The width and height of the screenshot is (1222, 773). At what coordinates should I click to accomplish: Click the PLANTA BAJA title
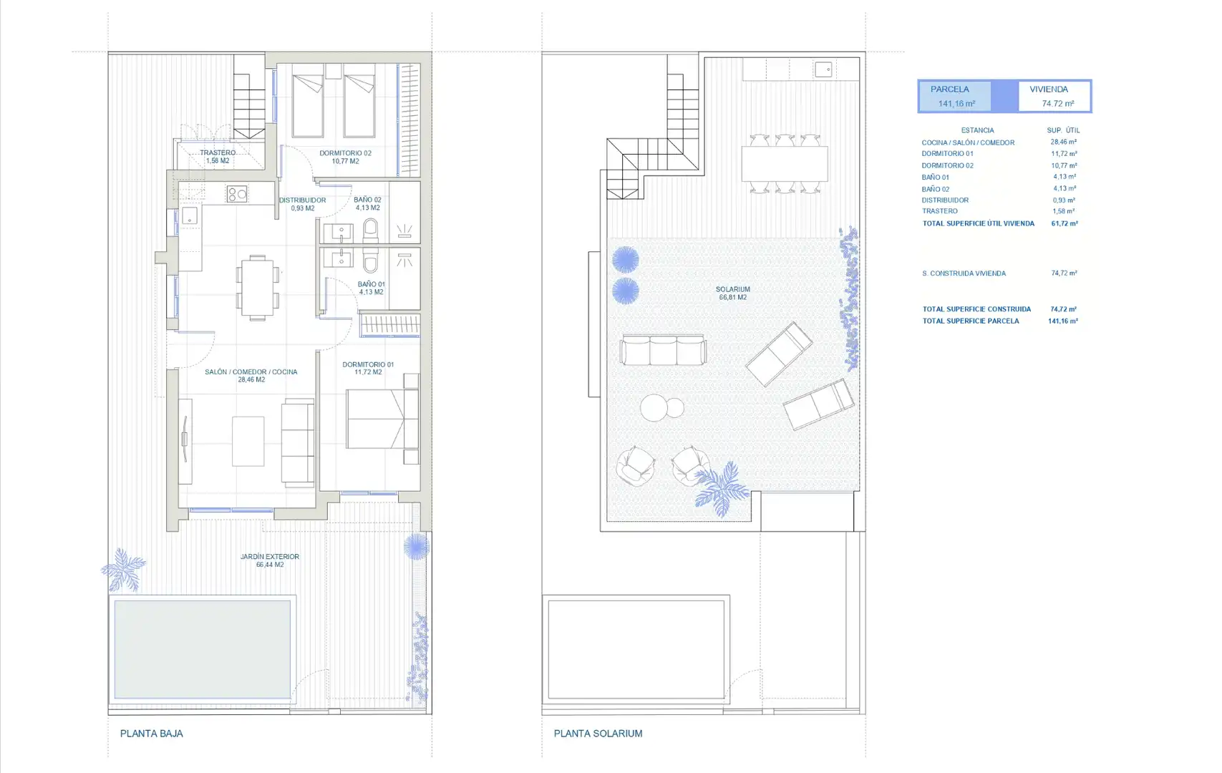151,734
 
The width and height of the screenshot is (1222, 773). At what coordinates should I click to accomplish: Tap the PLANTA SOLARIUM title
598,734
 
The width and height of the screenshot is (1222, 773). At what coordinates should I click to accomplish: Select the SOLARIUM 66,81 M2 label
732,293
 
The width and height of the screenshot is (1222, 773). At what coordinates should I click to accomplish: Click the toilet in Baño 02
370,230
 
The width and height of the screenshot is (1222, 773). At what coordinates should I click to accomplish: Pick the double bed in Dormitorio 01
382,419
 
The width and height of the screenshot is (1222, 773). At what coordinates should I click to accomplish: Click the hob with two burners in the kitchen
237,194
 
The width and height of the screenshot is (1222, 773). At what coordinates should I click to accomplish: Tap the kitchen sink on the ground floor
190,215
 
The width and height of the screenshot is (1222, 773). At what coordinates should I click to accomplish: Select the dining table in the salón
258,288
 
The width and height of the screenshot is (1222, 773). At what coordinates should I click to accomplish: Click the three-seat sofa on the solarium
663,349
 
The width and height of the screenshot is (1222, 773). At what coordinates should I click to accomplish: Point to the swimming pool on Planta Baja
202,649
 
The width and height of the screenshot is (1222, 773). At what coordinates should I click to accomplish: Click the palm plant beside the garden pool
123,570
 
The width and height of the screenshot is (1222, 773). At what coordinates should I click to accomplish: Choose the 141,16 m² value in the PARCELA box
956,104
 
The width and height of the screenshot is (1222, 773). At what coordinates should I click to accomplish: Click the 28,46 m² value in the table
1064,142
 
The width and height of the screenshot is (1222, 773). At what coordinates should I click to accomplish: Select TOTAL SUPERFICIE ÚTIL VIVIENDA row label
978,223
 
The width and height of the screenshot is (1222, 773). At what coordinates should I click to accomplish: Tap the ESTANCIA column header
977,130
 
